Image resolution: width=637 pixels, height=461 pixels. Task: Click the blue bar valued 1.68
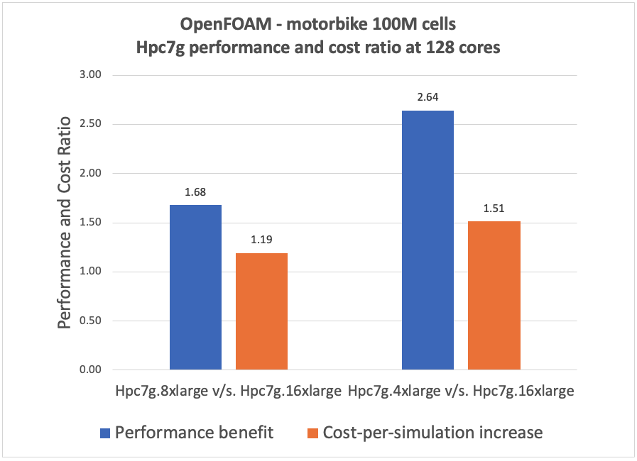(195, 287)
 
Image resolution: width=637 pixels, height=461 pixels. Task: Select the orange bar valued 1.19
(261, 311)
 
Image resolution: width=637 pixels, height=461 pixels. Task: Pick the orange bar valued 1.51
(494, 296)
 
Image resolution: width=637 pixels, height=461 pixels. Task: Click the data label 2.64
(428, 96)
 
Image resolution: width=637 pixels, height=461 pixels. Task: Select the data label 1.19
(261, 239)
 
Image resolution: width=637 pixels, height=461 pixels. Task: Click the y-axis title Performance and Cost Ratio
(64, 222)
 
